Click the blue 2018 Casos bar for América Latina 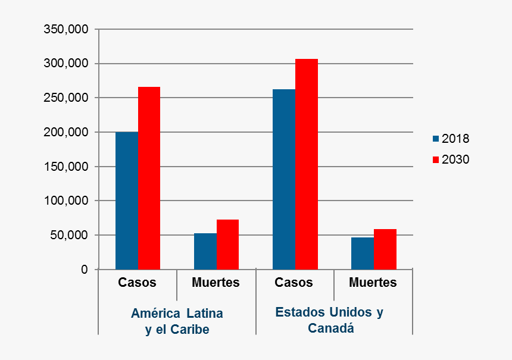pos(127,201)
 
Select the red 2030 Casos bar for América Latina pos(149,179)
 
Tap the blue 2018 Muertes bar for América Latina pos(205,251)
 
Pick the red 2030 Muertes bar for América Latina pos(227,245)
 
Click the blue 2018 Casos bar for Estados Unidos pos(284,179)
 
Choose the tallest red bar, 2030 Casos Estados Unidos pos(307,164)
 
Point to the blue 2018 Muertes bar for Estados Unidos pos(363,253)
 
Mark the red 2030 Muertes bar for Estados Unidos pos(385,249)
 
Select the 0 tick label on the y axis pos(85,270)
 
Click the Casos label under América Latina pos(137,283)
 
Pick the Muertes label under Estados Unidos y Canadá pos(373,283)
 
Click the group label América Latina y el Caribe pos(177,321)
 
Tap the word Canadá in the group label pos(331,328)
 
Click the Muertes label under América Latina pos(216,283)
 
